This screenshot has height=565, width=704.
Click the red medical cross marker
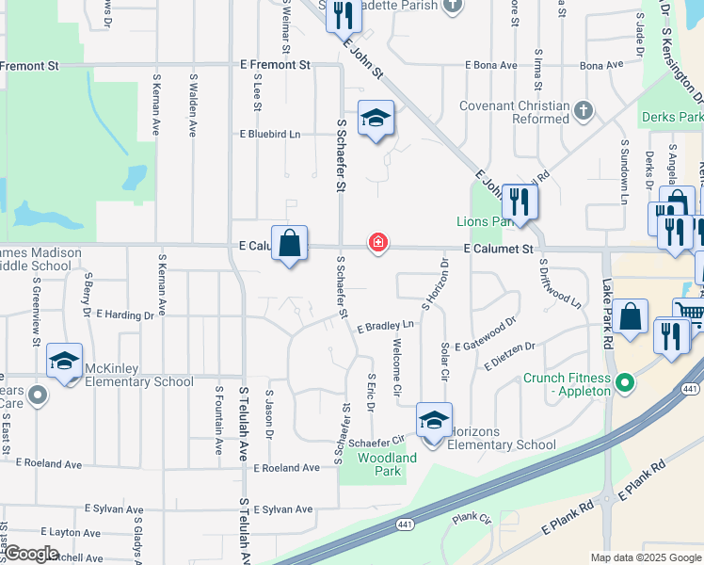click(378, 244)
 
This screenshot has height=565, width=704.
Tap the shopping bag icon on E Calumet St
click(291, 243)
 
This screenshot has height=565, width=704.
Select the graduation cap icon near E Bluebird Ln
click(376, 119)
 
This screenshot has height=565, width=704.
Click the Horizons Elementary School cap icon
click(434, 422)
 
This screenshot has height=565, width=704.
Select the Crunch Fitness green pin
click(622, 383)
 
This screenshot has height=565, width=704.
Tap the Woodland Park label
click(387, 464)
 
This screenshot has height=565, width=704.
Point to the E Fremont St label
click(275, 65)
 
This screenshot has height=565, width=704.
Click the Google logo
click(32, 554)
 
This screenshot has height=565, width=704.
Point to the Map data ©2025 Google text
click(645, 557)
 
